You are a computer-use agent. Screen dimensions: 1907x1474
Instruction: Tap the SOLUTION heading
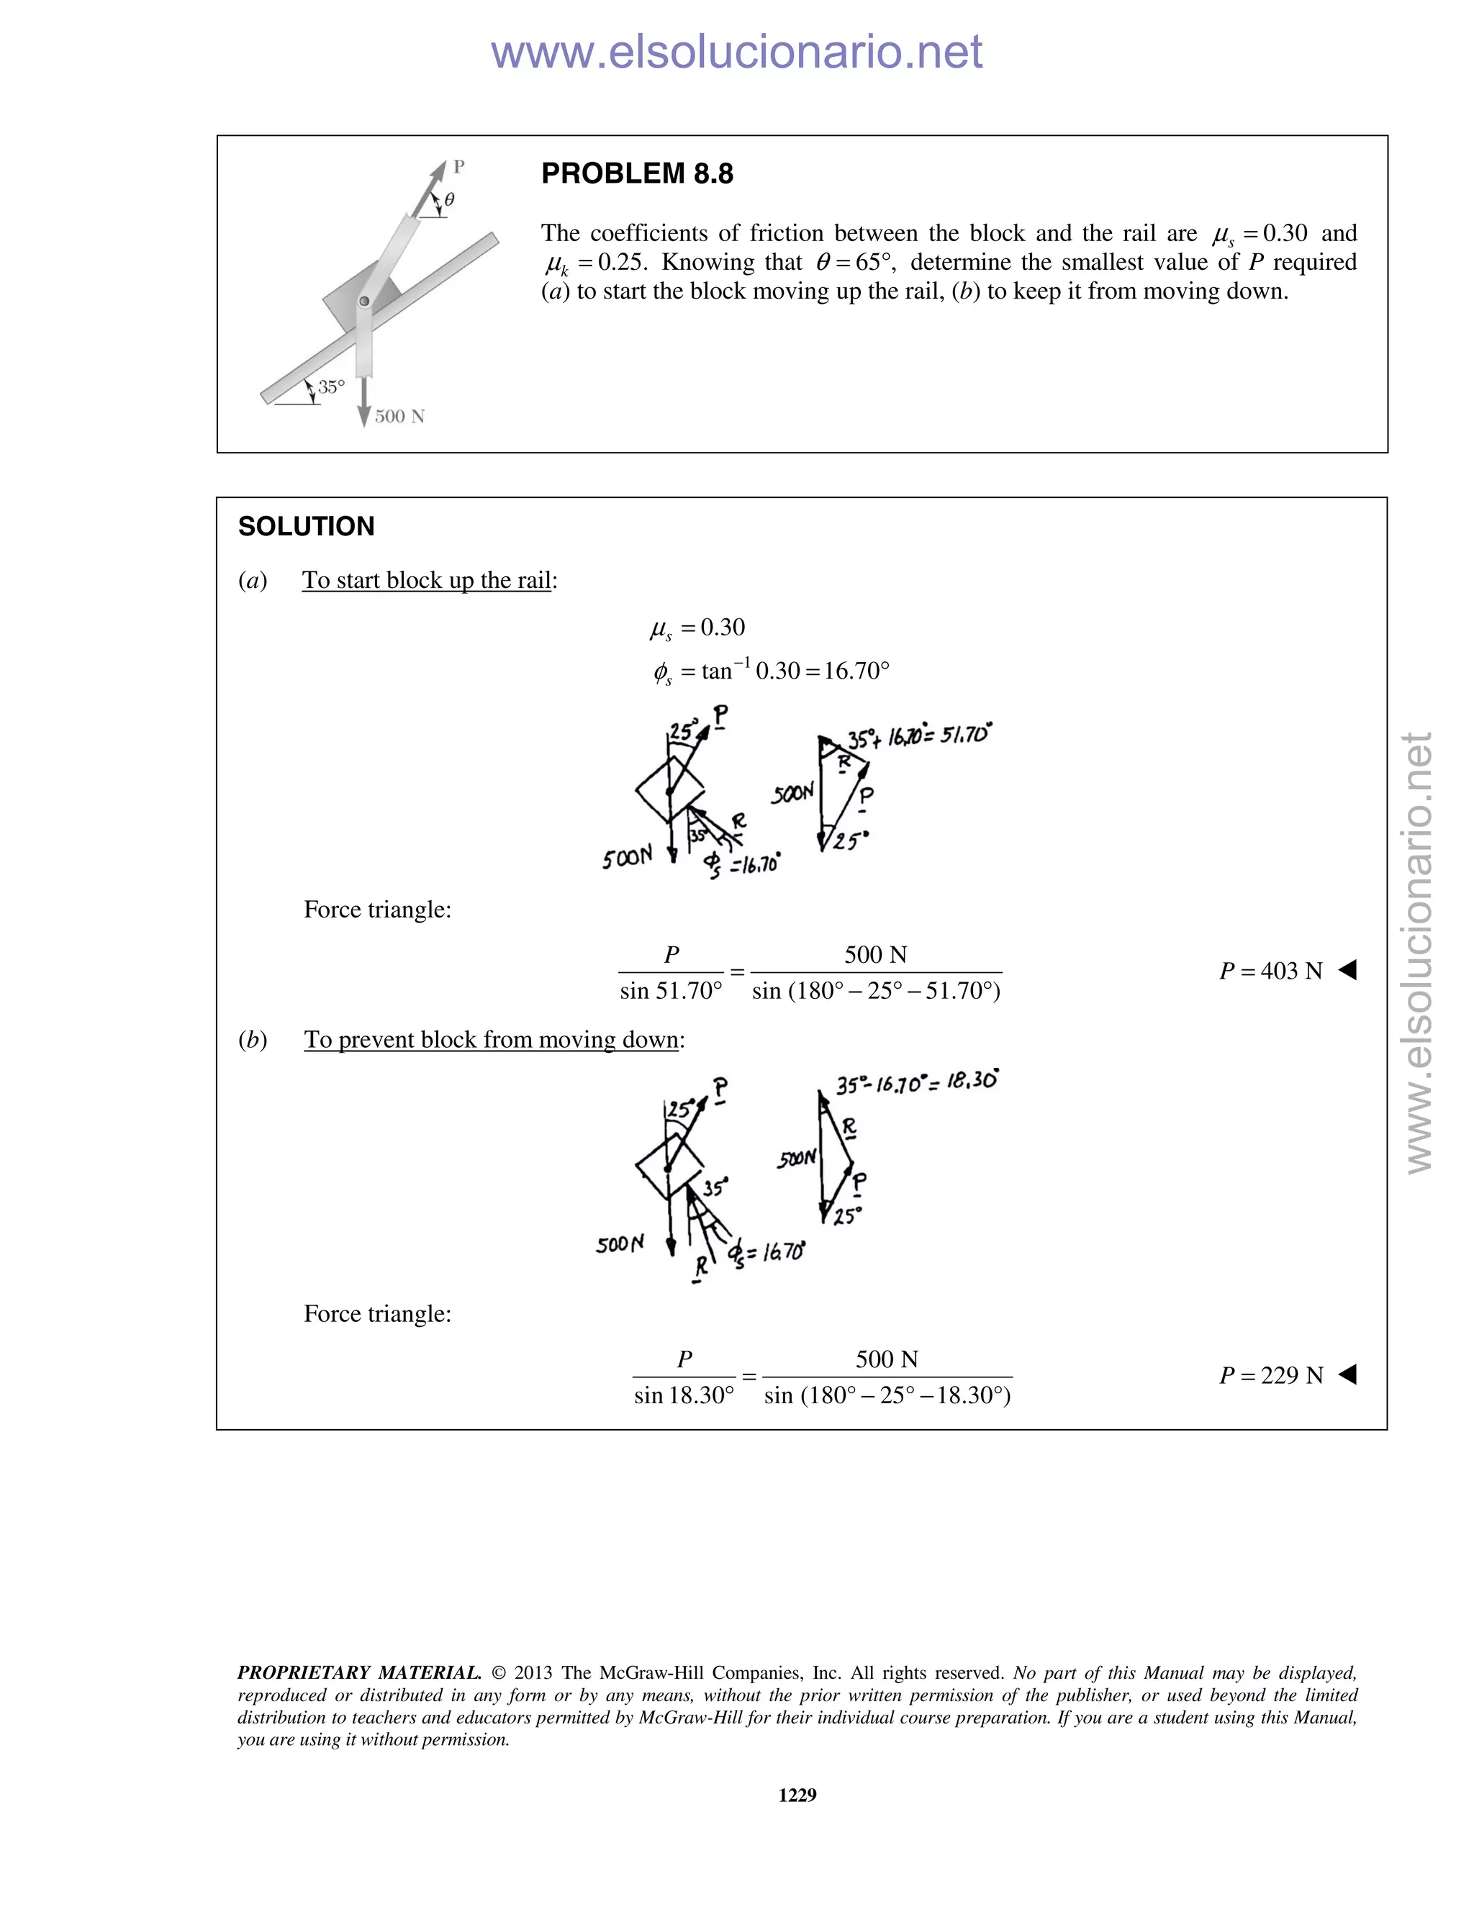point(306,527)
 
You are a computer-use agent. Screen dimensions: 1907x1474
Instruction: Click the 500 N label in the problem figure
point(399,417)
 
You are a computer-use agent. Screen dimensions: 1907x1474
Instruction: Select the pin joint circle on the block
point(365,302)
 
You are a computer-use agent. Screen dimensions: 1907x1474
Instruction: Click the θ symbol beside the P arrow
point(449,200)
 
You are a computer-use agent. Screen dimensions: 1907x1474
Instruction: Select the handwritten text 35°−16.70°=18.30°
point(916,1084)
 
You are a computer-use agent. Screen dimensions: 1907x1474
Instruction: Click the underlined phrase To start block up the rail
point(426,581)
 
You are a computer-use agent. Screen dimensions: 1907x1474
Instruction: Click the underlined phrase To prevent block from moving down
point(491,1040)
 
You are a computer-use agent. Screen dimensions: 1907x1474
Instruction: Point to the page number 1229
point(797,1795)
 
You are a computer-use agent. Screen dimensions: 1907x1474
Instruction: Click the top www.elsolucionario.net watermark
point(736,52)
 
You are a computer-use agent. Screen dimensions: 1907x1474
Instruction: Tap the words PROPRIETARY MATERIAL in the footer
point(359,1673)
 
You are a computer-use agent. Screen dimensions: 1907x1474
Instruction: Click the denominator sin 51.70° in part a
point(671,991)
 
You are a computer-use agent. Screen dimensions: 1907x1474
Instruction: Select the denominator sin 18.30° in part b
point(684,1395)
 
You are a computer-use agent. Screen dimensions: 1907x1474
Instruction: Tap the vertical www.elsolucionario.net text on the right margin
point(1419,952)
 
